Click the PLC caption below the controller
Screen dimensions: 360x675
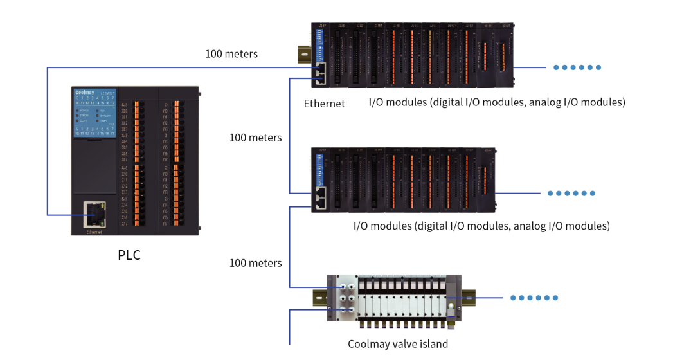(x=129, y=255)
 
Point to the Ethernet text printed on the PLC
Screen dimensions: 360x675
(x=94, y=231)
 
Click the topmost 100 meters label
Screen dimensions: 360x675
(x=231, y=54)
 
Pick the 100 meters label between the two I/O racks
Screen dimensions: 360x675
(x=255, y=138)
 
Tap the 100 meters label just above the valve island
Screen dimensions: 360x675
(x=255, y=263)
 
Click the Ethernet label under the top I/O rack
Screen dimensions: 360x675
(x=324, y=104)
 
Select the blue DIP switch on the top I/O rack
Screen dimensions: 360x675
(x=321, y=45)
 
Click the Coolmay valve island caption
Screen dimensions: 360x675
(x=398, y=344)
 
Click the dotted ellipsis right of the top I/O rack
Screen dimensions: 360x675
(x=577, y=67)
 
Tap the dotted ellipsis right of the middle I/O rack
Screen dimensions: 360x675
(x=571, y=194)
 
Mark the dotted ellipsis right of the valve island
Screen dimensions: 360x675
(x=534, y=298)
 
